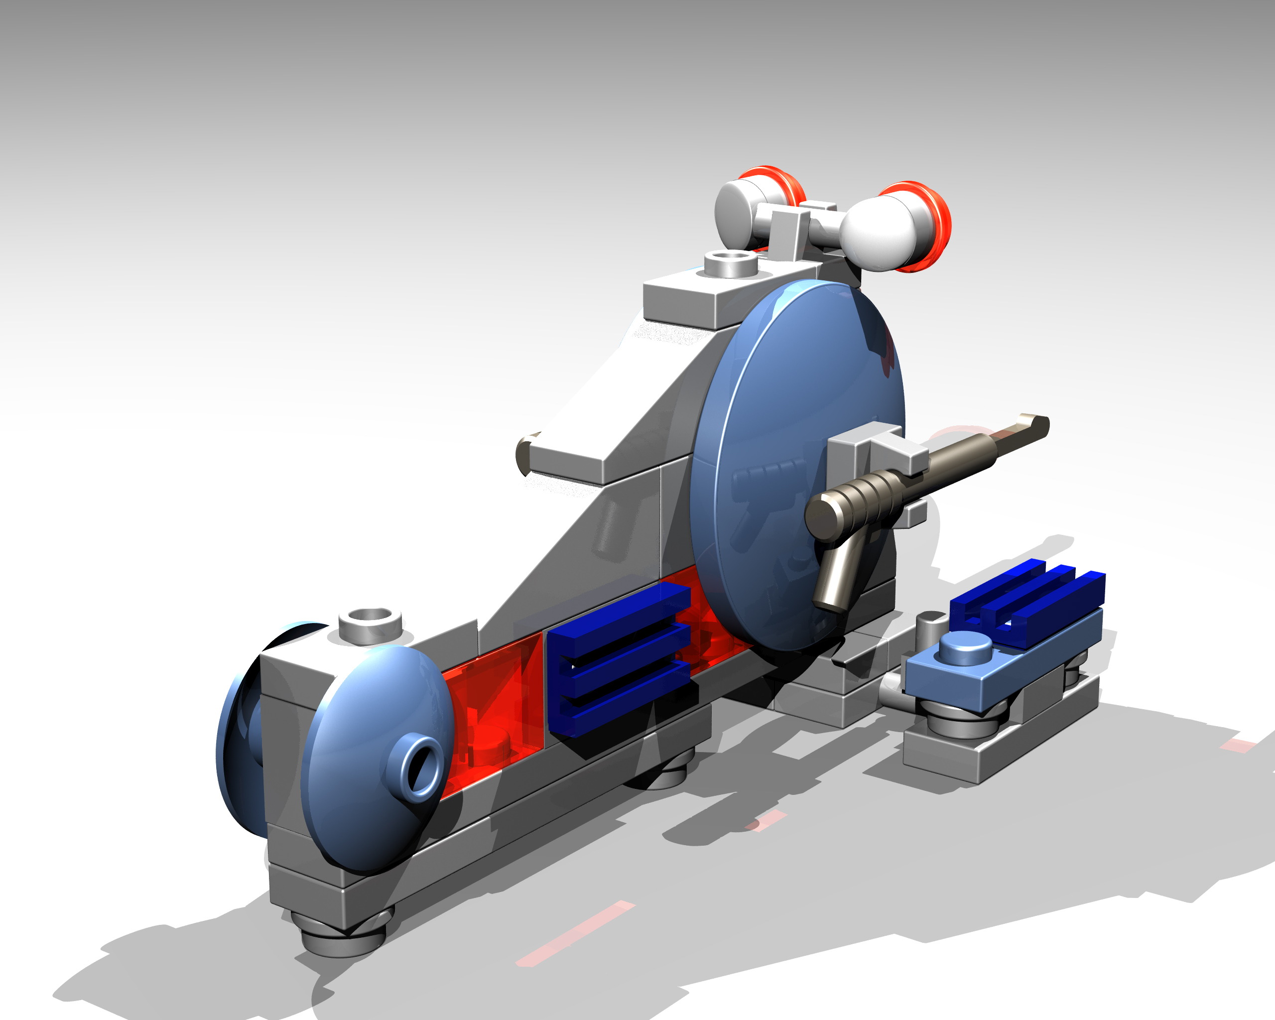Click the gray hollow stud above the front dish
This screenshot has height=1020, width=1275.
coord(370,624)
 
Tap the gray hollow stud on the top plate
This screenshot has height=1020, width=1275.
coord(730,263)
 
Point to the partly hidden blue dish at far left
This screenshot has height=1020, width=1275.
coord(237,733)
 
